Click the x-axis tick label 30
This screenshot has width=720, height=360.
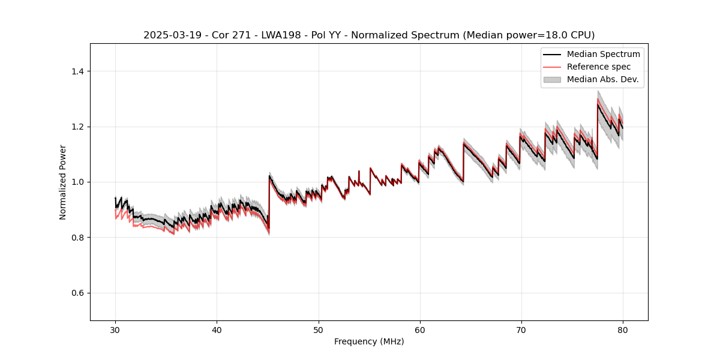[115, 329]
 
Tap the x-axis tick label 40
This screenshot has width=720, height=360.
[217, 329]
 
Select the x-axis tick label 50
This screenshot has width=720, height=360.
[319, 329]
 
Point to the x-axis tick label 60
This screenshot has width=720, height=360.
[420, 329]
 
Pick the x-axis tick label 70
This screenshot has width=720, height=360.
[521, 329]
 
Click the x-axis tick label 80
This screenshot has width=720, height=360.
[623, 329]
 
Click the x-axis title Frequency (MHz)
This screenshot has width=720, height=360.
[369, 341]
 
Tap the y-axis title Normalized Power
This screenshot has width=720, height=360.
[63, 182]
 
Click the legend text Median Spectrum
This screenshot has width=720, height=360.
[603, 54]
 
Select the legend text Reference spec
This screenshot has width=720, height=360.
[599, 67]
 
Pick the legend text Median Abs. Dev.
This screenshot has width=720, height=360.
[602, 79]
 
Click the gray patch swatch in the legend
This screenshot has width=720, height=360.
[552, 79]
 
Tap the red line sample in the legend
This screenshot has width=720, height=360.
[552, 67]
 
